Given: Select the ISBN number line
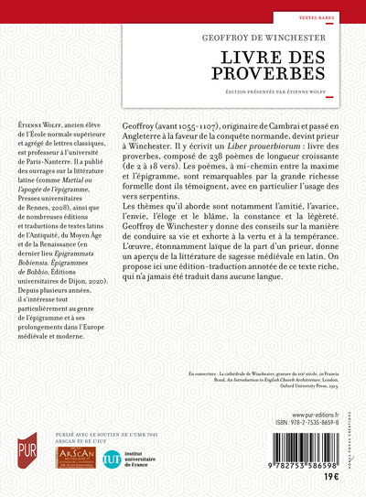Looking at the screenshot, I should [x=298, y=428].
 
